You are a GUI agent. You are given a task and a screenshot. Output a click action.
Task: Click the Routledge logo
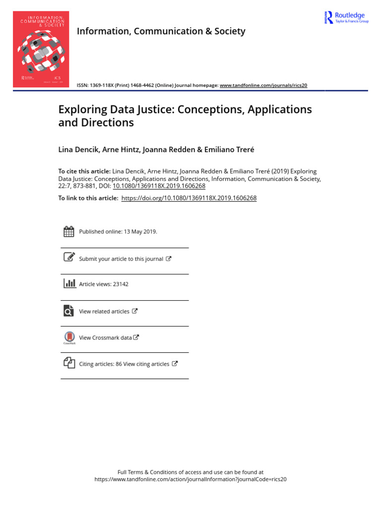tap(347, 18)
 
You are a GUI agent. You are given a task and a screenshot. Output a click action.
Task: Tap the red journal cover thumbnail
tap(41, 49)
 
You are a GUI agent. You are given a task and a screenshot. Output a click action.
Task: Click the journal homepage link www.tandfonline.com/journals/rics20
tap(263, 85)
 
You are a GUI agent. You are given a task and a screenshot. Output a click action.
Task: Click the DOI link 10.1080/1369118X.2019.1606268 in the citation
tap(159, 186)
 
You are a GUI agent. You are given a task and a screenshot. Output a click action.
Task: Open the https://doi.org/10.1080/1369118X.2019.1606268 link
tap(189, 198)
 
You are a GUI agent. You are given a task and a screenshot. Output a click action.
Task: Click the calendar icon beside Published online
tap(69, 231)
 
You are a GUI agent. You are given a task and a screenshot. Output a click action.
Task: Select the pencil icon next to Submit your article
tap(69, 257)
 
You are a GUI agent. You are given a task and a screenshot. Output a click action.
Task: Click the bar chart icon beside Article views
tap(69, 283)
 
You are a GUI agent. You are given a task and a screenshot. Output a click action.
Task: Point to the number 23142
tap(121, 284)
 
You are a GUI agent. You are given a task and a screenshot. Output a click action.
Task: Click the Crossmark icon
tap(69, 337)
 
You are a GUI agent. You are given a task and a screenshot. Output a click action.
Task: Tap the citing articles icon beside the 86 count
tap(69, 363)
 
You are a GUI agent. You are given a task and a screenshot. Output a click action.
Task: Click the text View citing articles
tap(146, 364)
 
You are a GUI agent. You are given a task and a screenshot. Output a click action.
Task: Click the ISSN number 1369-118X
tap(105, 85)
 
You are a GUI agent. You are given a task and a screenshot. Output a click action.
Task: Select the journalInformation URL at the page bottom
tap(190, 480)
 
